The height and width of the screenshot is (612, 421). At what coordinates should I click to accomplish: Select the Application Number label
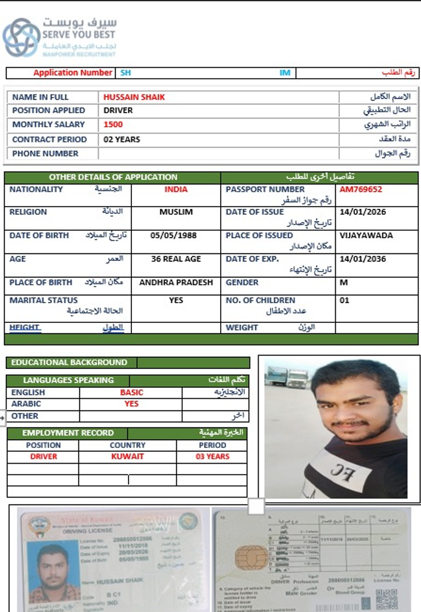[x=72, y=73]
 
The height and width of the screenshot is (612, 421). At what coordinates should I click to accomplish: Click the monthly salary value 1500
[x=113, y=124]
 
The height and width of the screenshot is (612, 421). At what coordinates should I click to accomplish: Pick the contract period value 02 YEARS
[x=121, y=140]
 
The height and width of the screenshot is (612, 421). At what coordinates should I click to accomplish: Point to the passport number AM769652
[x=361, y=190]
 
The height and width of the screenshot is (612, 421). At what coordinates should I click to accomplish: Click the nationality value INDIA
[x=176, y=190]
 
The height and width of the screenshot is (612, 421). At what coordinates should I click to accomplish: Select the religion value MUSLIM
[x=176, y=212]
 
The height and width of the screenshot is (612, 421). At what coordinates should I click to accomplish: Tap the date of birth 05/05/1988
[x=173, y=236]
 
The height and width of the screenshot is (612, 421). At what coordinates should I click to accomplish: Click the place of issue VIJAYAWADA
[x=366, y=236]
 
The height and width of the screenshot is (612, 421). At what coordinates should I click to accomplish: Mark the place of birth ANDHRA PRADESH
[x=176, y=283]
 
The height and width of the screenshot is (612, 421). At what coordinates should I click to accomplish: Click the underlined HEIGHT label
[x=25, y=328]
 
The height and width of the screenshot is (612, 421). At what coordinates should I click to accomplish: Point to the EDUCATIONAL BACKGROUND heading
[x=69, y=363]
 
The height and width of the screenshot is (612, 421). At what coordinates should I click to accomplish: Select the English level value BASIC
[x=131, y=392]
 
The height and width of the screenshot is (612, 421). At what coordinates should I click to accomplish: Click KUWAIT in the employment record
[x=127, y=457]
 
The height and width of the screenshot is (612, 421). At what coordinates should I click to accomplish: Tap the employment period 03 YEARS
[x=213, y=457]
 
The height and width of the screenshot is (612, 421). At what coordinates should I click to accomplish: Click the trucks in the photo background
[x=287, y=377]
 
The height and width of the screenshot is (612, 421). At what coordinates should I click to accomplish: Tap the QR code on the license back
[x=387, y=600]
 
